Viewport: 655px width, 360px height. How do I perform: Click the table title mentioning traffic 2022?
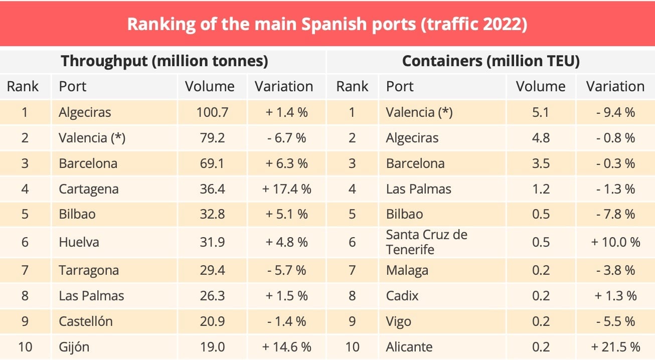(x=327, y=24)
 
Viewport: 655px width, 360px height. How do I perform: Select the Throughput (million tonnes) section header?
(x=164, y=61)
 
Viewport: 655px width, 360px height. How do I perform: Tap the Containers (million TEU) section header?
(x=491, y=61)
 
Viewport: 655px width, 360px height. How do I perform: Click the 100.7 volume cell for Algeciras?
(x=212, y=112)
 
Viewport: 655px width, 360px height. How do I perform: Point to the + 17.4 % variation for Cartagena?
(x=286, y=189)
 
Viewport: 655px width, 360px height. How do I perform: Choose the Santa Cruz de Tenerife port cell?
(x=426, y=242)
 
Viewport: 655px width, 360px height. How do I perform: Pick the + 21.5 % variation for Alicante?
(x=615, y=346)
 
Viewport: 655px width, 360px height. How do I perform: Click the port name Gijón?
(x=74, y=346)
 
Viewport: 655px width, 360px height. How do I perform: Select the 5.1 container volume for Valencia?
(x=541, y=112)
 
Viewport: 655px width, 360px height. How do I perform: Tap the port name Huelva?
(x=79, y=242)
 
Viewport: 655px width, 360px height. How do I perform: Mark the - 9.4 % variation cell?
(x=615, y=112)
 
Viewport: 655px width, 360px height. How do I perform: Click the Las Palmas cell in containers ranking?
(x=418, y=189)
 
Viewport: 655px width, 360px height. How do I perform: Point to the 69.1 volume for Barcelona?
(x=212, y=163)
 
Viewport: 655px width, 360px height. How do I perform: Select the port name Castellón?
(x=85, y=321)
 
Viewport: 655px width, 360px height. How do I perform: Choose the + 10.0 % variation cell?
(x=615, y=242)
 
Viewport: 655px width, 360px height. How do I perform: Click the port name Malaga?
(x=407, y=270)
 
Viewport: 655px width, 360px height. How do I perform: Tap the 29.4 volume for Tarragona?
(x=212, y=270)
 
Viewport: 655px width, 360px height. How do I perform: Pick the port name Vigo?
(x=398, y=321)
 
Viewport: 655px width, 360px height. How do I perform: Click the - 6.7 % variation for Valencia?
(x=286, y=138)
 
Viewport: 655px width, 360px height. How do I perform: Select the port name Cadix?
(x=402, y=296)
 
